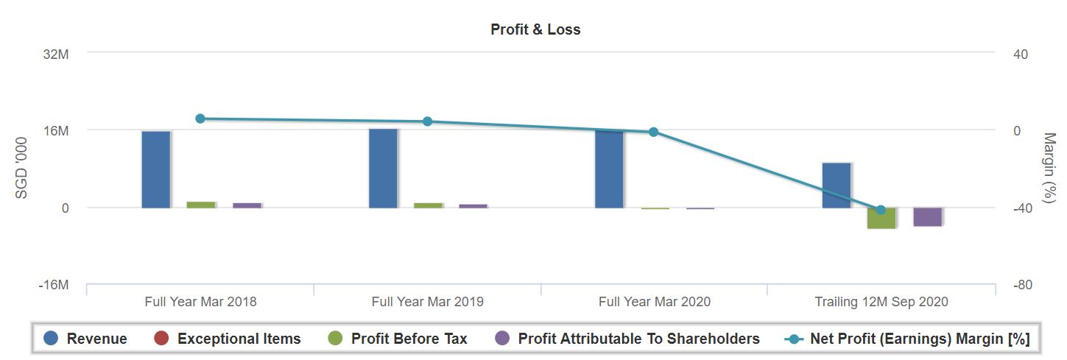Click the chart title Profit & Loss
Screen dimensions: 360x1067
point(535,30)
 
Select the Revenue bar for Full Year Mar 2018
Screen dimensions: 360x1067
point(156,169)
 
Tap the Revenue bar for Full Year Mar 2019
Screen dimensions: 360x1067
point(383,168)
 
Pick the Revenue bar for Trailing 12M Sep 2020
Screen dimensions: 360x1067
point(837,185)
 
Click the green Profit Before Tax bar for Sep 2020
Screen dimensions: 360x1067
point(881,218)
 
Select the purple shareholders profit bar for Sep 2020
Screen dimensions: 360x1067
point(928,216)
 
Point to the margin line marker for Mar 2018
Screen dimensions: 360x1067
point(200,119)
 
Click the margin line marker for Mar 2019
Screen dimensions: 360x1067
point(427,121)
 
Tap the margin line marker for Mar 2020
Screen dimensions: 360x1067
point(653,132)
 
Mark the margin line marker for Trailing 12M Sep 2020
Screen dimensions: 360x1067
point(881,210)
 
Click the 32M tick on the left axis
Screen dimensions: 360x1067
point(57,54)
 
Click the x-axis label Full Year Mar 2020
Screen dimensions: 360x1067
point(654,302)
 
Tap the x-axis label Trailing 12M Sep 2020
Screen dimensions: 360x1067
point(881,302)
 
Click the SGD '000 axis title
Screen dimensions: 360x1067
point(22,169)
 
